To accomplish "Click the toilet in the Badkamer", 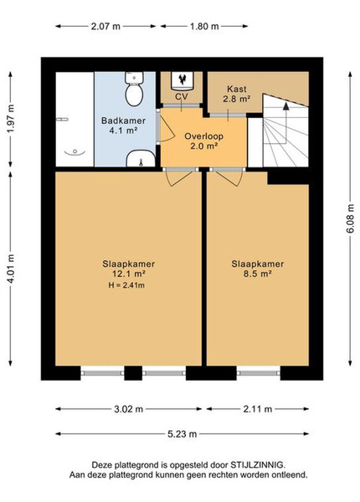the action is [x=134, y=89].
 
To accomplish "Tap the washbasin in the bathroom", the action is [x=141, y=158].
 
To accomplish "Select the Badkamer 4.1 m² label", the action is [x=123, y=125].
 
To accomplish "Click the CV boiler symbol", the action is [x=182, y=80].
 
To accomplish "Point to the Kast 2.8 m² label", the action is [x=237, y=94].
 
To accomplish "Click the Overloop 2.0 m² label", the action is [x=203, y=141].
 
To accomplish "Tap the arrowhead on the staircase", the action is [x=285, y=106].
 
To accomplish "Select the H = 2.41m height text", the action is [x=126, y=285].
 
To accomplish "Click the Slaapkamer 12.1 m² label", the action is [x=128, y=269].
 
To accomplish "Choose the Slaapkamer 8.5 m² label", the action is [x=258, y=269].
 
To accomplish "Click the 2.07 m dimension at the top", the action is [x=105, y=26].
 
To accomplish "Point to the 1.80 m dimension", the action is [x=204, y=26].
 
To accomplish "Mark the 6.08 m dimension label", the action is [x=350, y=218].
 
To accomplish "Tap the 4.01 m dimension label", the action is [x=11, y=269].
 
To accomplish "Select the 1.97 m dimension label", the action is [x=11, y=119].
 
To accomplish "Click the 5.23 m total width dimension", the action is [x=182, y=434].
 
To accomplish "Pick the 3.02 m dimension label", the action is [x=128, y=409].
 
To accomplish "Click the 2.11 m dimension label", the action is [x=258, y=409].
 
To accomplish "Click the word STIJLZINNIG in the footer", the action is [x=257, y=464].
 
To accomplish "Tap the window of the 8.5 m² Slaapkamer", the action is [x=258, y=373].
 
